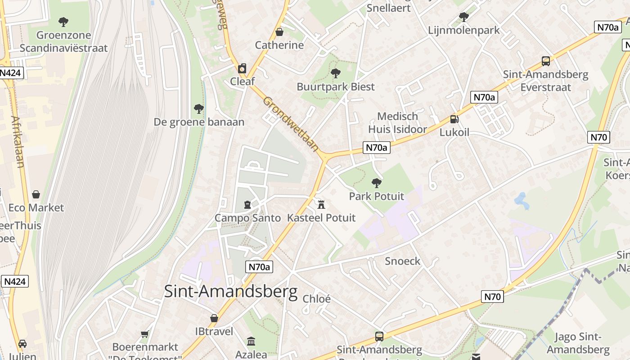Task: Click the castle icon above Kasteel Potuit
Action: point(321,205)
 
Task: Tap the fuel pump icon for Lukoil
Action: point(454,119)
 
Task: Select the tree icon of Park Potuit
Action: point(377,183)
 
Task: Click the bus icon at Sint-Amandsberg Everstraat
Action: point(545,61)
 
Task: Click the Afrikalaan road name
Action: point(18,142)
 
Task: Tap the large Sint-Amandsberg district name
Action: point(230,291)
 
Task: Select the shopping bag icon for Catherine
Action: point(279,32)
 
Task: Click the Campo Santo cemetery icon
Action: point(247,205)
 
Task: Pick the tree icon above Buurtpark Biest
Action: point(335,73)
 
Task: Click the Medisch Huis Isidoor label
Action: point(397,123)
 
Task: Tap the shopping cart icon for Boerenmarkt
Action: point(145,334)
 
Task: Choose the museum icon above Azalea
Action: point(251,342)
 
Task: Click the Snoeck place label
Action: point(403,261)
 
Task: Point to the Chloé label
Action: point(317,299)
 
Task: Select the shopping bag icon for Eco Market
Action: point(36,194)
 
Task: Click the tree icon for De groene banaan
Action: point(198,108)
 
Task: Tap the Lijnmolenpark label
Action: point(464,31)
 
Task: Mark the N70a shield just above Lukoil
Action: point(484,97)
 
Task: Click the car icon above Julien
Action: point(22,344)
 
